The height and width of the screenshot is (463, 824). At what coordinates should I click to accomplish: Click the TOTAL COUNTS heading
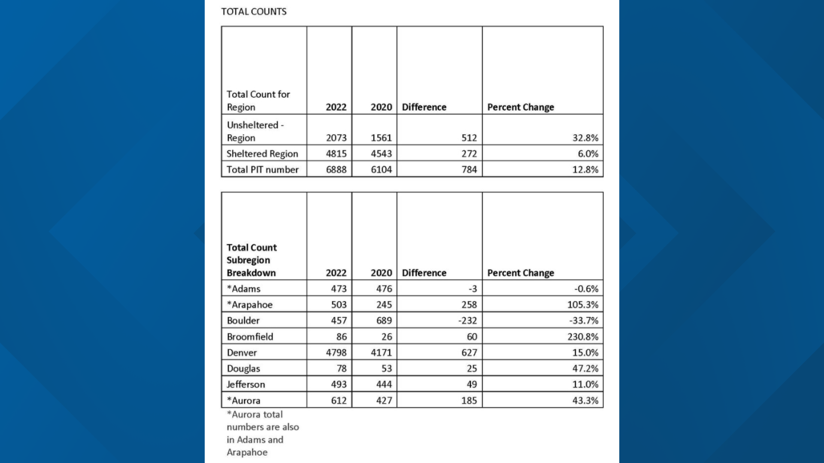[x=254, y=12]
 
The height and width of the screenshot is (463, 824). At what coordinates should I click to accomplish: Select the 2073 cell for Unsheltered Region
[x=336, y=138]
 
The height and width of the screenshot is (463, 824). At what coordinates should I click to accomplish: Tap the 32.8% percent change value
[x=585, y=138]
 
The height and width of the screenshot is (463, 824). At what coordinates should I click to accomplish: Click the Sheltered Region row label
[x=262, y=153]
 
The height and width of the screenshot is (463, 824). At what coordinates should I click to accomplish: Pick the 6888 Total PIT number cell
[x=336, y=169]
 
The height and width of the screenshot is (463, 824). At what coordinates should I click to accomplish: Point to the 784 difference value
[x=469, y=169]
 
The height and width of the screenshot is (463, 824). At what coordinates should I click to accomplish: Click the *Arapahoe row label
[x=250, y=304]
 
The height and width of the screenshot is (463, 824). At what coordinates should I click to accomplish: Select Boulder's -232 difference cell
[x=467, y=320]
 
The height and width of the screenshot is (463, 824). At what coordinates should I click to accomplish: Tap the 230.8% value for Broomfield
[x=582, y=337]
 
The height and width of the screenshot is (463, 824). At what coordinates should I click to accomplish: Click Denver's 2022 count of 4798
[x=336, y=352]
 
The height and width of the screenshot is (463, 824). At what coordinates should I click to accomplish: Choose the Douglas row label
[x=243, y=368]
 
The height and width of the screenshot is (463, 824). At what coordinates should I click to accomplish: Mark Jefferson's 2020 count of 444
[x=384, y=384]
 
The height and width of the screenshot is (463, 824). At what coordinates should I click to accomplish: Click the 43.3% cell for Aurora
[x=585, y=400]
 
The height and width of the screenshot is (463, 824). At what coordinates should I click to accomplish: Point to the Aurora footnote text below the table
[x=263, y=433]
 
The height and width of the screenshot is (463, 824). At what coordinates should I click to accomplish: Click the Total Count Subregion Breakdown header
[x=251, y=260]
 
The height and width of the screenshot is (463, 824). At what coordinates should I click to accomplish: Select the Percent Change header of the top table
[x=521, y=107]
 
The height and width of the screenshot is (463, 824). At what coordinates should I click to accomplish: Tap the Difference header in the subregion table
[x=424, y=273]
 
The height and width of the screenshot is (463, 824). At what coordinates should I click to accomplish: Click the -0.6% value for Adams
[x=586, y=289]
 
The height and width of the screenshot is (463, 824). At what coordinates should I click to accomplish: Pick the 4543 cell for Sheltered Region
[x=381, y=153]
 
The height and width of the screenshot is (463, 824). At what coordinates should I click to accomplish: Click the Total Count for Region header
[x=258, y=100]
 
